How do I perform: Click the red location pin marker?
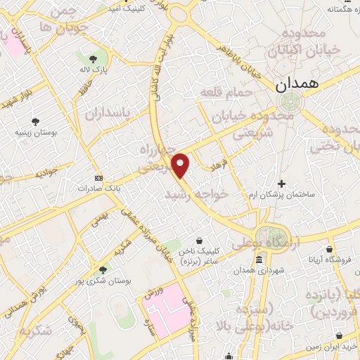181,165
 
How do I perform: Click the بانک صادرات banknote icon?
98,177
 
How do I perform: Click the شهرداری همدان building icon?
259,261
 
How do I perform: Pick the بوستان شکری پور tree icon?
103,270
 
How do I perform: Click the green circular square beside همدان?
287,103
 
